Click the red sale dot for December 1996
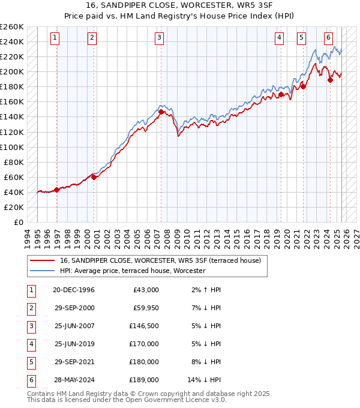56,190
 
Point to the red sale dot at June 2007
161,112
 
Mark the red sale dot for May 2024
331,80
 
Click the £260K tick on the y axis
11,26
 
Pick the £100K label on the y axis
11,147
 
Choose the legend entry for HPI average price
132,271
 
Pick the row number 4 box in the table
30,344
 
